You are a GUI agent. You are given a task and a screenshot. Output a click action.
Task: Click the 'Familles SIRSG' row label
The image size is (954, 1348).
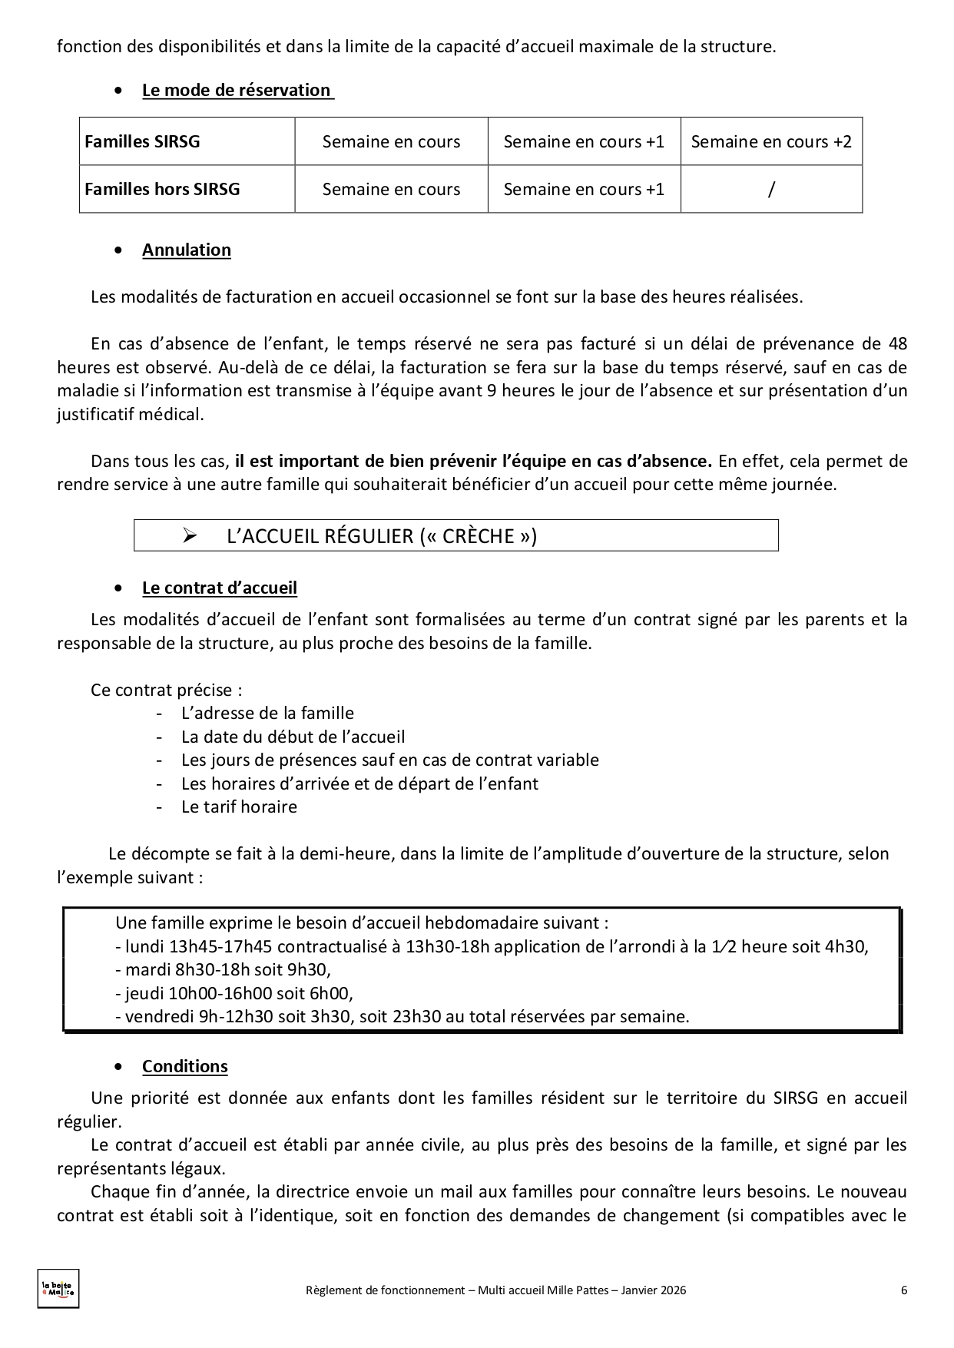(x=142, y=141)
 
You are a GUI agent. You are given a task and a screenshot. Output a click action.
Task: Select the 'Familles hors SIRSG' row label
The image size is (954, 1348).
(x=162, y=189)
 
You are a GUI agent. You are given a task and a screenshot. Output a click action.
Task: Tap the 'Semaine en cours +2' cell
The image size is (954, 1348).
(x=771, y=141)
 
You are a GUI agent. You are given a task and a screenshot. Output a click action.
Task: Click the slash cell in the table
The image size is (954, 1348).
(x=771, y=189)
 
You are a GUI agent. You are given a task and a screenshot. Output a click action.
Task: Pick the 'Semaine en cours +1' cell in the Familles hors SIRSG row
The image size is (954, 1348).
(x=584, y=189)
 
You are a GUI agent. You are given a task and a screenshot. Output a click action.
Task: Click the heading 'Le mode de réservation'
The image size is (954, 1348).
(x=237, y=90)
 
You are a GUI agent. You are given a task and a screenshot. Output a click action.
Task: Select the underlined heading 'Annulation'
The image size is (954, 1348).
(x=187, y=250)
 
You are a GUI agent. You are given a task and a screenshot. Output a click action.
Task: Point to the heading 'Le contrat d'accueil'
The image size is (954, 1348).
(x=220, y=588)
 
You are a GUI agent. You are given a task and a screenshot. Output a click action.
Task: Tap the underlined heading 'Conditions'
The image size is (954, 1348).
(x=185, y=1066)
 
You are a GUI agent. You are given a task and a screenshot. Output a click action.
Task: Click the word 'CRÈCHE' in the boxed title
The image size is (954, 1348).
(x=479, y=535)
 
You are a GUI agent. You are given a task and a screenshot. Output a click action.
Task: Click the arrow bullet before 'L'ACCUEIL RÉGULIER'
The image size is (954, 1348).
(x=190, y=535)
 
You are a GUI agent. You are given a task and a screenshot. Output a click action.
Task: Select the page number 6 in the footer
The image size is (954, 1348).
(x=904, y=1290)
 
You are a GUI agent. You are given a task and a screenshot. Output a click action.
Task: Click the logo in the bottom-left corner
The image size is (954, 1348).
(x=58, y=1288)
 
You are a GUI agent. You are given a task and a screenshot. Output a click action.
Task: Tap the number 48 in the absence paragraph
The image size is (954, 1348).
(x=897, y=343)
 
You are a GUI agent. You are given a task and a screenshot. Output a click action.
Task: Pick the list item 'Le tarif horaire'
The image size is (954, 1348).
(x=239, y=806)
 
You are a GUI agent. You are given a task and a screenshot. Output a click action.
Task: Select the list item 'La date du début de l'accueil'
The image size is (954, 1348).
(x=293, y=737)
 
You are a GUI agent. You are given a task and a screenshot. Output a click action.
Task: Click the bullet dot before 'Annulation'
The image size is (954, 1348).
(x=118, y=250)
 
